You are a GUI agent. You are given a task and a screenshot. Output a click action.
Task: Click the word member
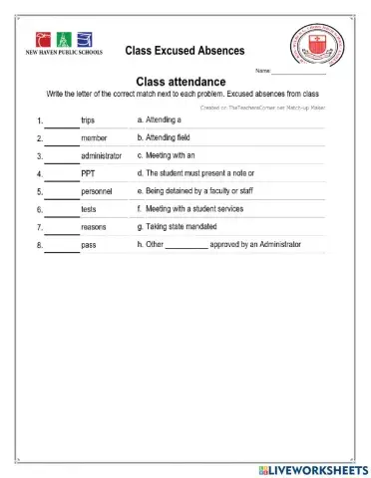[x=94, y=138]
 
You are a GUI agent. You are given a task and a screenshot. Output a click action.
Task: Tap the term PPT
[x=88, y=174]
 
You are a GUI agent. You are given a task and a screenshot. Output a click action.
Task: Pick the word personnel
[x=97, y=191]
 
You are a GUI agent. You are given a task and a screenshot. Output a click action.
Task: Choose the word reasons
[x=95, y=227]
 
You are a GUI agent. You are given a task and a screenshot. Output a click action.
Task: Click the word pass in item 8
[x=89, y=245]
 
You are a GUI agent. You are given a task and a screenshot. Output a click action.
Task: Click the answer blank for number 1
[x=62, y=122]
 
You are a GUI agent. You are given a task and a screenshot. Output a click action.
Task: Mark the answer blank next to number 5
[x=62, y=193]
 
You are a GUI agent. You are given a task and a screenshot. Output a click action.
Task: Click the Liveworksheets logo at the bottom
[x=310, y=468]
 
